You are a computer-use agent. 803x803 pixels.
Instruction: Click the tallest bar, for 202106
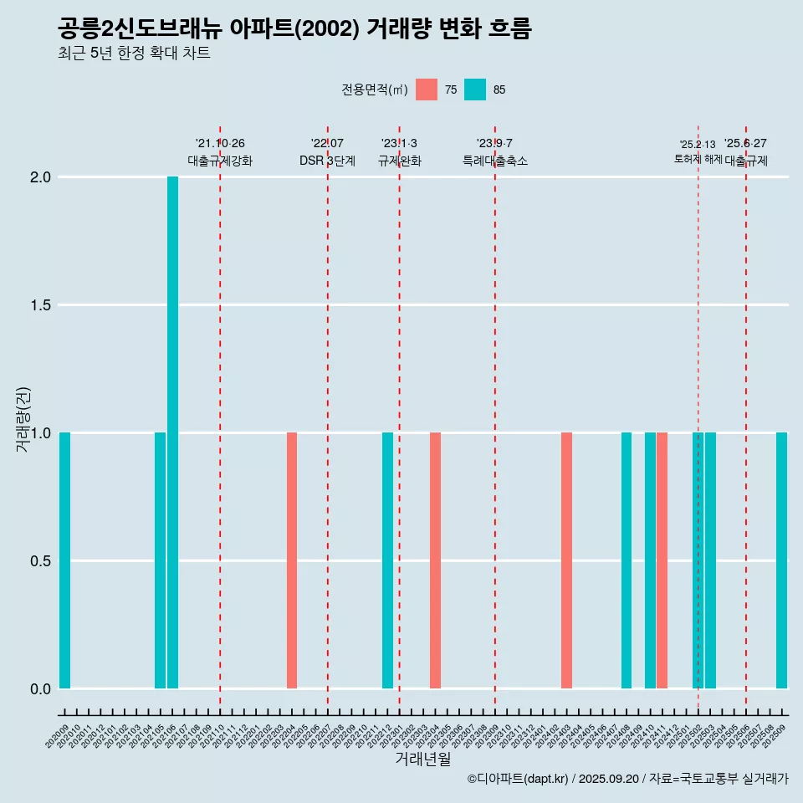coord(172,432)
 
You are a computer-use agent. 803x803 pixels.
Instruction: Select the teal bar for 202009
coord(64,560)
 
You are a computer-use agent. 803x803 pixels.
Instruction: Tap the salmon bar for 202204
coord(292,560)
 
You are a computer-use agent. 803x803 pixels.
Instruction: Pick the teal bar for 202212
coord(387,560)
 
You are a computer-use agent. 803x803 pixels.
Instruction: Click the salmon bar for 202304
coord(435,560)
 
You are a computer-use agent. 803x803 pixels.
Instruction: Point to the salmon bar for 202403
coord(566,560)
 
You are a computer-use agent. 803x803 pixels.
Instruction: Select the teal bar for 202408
coord(627,560)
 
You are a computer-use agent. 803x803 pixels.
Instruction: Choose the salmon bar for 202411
coord(662,560)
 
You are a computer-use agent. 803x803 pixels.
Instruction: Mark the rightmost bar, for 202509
coord(781,560)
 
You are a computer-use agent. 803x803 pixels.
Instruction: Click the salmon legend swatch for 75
coord(427,90)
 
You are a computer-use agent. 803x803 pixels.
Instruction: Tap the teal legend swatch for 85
coord(475,90)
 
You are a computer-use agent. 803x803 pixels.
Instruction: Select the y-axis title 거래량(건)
coord(23,419)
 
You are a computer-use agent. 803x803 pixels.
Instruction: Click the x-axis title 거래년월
coord(422,760)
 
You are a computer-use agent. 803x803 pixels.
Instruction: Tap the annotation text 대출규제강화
coord(220,161)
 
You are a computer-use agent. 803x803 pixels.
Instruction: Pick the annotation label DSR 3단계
coord(327,161)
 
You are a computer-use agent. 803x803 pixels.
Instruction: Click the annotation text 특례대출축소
coord(495,161)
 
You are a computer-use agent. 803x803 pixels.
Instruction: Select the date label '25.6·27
coord(745,144)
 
